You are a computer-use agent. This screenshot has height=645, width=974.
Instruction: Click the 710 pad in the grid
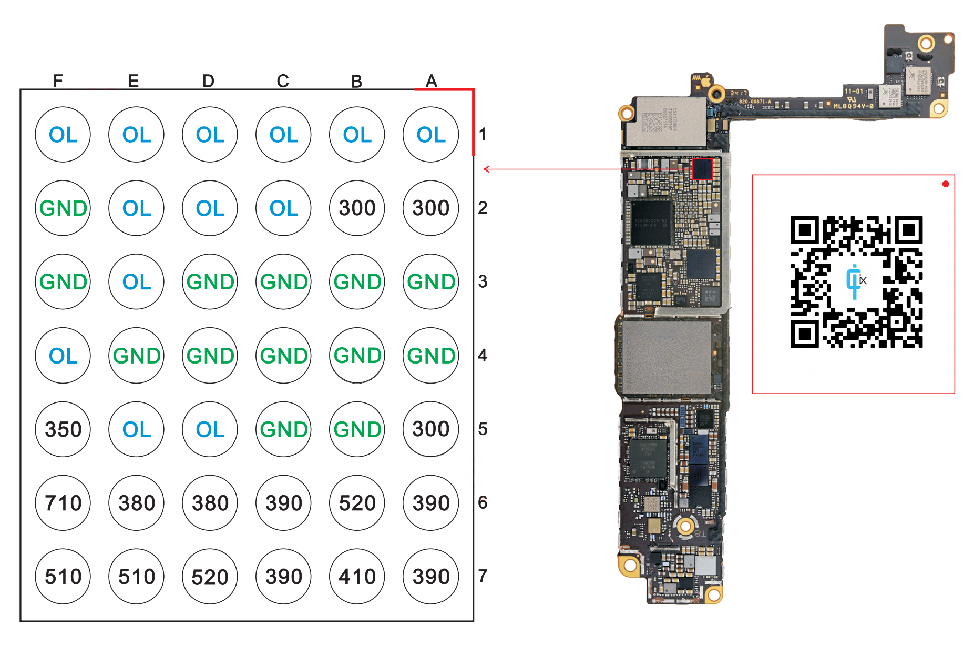63,503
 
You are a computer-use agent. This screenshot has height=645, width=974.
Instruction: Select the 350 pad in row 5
63,429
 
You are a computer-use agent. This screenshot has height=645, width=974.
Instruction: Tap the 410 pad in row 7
357,577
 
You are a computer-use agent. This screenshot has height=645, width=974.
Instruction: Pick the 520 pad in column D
210,577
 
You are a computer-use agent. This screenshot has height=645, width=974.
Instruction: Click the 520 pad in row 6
357,503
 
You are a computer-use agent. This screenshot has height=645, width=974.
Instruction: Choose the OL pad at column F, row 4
63,356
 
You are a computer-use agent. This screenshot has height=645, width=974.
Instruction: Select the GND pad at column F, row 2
63,208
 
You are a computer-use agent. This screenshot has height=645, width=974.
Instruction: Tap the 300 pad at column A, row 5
431,429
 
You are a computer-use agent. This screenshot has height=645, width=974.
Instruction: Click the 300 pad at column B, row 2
357,208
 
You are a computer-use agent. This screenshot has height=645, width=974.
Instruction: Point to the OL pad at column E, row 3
137,282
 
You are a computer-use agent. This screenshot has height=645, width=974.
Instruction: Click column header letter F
58,81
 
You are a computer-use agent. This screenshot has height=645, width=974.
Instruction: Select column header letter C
283,81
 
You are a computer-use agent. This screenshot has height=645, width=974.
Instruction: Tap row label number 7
483,576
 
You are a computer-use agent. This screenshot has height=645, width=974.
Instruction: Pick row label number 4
483,356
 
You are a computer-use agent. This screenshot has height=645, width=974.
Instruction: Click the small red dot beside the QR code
946,184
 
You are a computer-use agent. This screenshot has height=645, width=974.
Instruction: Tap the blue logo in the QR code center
855,281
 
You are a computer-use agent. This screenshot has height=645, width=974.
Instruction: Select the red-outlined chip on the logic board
702,169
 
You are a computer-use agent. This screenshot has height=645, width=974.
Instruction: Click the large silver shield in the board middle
667,357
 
